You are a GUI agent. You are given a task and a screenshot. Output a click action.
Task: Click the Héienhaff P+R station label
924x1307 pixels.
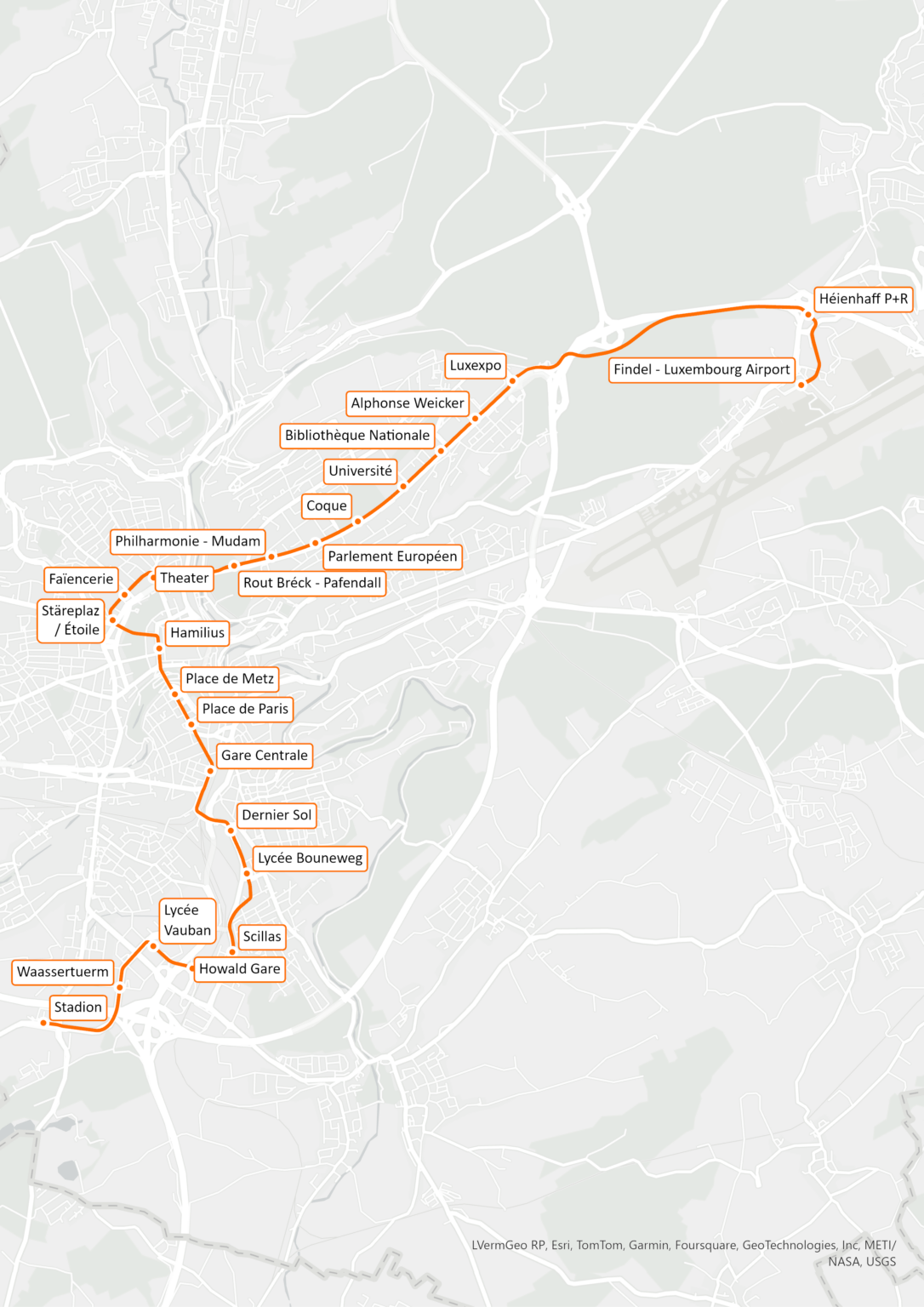(863, 299)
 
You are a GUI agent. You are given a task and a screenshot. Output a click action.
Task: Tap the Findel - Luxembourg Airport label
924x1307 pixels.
(701, 369)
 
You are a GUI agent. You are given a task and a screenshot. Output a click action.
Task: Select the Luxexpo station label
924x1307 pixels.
(475, 365)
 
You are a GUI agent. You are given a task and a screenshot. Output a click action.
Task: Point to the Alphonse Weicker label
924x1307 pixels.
(408, 403)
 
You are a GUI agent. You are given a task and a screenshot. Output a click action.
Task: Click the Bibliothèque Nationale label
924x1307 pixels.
(356, 436)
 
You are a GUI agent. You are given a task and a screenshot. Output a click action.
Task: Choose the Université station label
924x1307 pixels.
(360, 471)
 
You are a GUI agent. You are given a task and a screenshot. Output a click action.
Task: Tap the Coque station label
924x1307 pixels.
(326, 505)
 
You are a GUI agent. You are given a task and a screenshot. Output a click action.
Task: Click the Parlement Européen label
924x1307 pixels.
(392, 556)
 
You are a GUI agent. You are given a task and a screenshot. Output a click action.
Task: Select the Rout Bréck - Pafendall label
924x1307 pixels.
(311, 583)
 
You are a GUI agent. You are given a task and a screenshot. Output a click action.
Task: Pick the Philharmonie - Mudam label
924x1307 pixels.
(187, 541)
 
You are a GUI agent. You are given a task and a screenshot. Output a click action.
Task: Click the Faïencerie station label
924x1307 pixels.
(81, 579)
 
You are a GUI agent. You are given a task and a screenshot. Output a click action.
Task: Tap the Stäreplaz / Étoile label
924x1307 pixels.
(71, 620)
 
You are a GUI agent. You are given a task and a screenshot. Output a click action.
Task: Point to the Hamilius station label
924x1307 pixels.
(197, 633)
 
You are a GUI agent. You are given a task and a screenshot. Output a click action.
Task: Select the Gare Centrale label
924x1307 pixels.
(264, 756)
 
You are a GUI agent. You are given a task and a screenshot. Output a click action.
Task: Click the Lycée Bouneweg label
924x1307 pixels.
(310, 859)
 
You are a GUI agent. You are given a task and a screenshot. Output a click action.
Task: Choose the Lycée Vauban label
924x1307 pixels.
(187, 921)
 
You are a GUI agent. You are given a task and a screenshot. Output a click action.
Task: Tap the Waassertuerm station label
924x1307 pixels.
(63, 972)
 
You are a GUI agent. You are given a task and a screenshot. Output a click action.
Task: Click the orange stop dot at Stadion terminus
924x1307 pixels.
(44, 1023)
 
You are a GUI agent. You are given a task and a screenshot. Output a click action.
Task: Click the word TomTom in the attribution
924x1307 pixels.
(599, 1245)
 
